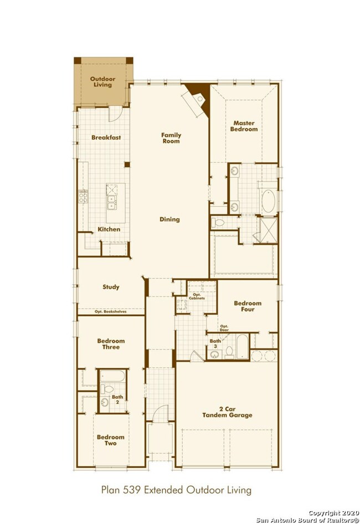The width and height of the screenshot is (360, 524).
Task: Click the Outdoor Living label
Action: (102, 82)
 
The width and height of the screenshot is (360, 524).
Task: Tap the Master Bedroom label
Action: (244, 126)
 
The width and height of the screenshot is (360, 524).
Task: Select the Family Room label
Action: (171, 138)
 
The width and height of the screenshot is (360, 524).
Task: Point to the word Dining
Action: (169, 219)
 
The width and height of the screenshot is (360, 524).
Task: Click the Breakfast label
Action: (106, 137)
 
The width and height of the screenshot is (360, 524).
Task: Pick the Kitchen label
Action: (109, 229)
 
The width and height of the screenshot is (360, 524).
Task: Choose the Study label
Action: (111, 287)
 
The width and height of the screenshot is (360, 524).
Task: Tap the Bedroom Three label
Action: (111, 344)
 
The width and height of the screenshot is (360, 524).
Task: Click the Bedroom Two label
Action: (111, 440)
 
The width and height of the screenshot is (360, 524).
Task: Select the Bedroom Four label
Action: (248, 306)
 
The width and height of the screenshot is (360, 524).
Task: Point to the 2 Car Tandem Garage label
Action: (227, 412)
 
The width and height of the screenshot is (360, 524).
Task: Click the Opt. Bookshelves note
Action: (111, 312)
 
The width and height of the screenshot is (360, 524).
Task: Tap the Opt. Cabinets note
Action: (197, 296)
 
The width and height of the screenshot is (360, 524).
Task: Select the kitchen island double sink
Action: (112, 203)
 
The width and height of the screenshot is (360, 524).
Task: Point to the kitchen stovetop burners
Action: (83, 196)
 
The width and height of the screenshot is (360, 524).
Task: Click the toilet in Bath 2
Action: (107, 389)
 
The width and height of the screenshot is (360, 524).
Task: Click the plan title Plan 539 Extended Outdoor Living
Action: (176, 490)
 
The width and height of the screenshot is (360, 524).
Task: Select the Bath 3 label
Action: (215, 343)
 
